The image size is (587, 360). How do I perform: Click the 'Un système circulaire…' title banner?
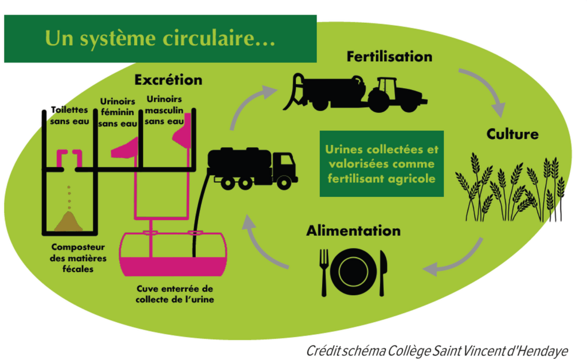tap(161, 38)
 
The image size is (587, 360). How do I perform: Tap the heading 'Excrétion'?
tap(168, 80)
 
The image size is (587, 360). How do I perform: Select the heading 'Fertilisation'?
tap(389, 57)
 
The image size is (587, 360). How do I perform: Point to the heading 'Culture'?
tap(512, 134)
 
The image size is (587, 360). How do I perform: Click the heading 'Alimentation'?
tap(353, 231)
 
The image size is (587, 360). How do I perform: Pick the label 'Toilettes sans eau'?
tap(69, 115)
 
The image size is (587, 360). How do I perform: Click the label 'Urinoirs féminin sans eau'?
tap(118, 112)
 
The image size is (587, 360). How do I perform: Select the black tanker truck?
tap(252, 167)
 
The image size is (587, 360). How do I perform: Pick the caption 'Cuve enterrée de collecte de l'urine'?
tap(175, 294)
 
